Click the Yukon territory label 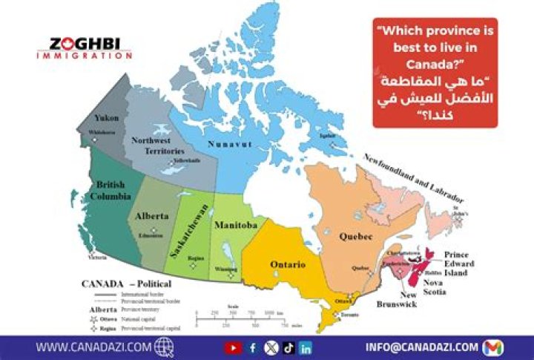[x=107, y=118]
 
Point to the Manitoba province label [x=235, y=224]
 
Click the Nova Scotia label [x=435, y=287]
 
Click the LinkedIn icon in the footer [x=306, y=347]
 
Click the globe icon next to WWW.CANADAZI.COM [x=165, y=347]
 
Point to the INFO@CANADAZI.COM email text [x=422, y=347]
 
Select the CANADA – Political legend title [x=127, y=284]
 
